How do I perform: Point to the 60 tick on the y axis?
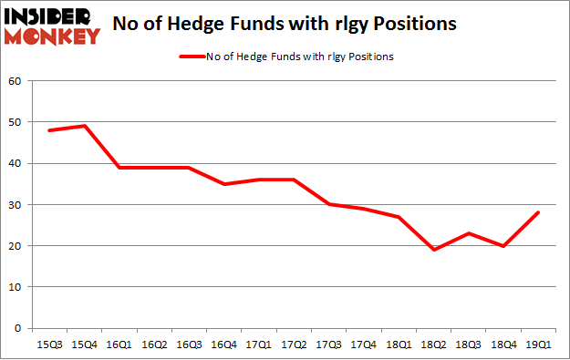[x=15, y=81]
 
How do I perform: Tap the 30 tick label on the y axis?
[x=15, y=205]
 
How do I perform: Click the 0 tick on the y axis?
[x=18, y=328]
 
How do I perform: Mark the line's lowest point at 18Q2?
[x=435, y=250]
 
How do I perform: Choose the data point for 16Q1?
[x=119, y=168]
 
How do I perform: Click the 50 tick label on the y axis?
[x=15, y=122]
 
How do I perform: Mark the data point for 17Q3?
[x=329, y=204]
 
